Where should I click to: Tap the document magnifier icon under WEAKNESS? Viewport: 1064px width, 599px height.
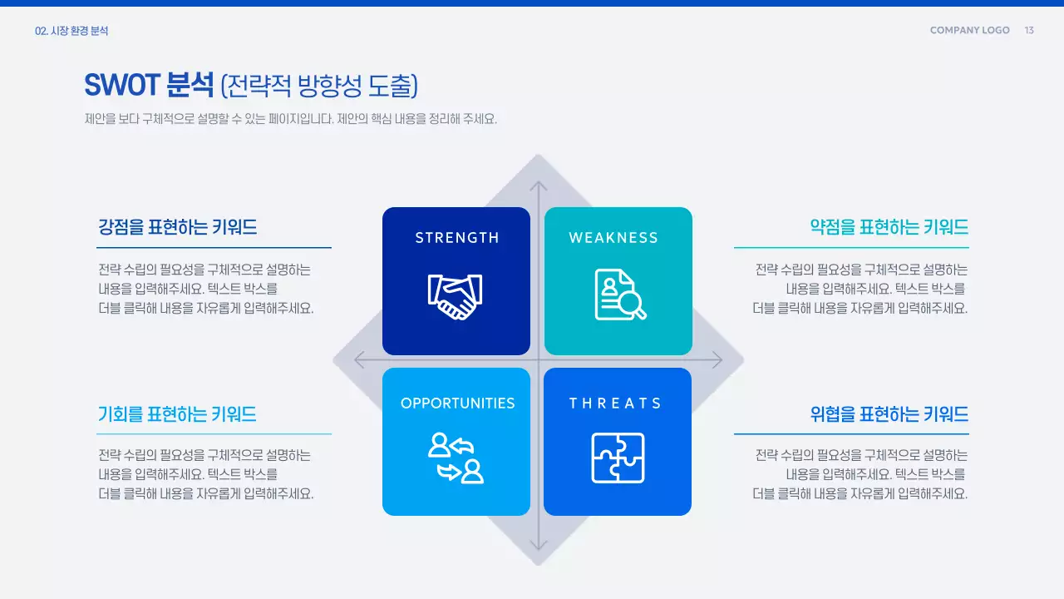[x=619, y=295]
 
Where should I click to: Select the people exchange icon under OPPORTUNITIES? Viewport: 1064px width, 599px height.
[x=456, y=458]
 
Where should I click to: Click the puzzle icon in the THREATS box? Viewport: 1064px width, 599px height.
[x=618, y=458]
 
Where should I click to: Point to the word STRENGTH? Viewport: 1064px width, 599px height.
[x=457, y=238]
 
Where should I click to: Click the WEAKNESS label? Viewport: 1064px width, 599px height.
[x=613, y=238]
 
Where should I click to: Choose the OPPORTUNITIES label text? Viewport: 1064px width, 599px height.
[x=457, y=403]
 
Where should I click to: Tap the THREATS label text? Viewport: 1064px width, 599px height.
[x=615, y=403]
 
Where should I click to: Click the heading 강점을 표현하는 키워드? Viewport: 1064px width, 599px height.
[x=178, y=227]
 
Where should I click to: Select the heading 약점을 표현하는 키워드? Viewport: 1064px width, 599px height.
[x=889, y=227]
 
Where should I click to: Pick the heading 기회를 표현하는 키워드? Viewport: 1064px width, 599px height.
[x=178, y=413]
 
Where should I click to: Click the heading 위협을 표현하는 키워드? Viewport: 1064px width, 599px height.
[x=889, y=413]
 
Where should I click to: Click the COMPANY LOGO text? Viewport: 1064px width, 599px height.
[x=969, y=31]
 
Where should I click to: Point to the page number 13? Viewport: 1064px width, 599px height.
[x=1029, y=31]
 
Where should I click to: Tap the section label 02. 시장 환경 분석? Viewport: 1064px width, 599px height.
[x=71, y=31]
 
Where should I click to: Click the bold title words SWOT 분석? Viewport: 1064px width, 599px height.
[x=149, y=85]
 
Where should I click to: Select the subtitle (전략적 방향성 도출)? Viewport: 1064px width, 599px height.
[x=319, y=85]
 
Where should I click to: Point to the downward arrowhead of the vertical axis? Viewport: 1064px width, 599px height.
[x=539, y=545]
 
